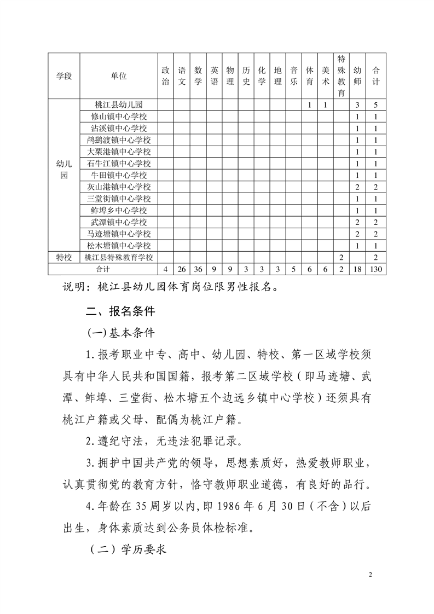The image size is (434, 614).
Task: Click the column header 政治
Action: [x=165, y=76]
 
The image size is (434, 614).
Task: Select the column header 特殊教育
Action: [x=341, y=76]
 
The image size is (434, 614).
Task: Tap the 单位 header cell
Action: [x=118, y=76]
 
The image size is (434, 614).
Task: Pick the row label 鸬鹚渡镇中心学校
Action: [x=118, y=140]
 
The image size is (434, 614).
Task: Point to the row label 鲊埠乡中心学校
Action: [x=118, y=211]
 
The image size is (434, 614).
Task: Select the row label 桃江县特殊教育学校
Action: [x=118, y=257]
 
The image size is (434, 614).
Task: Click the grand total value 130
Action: [x=375, y=269]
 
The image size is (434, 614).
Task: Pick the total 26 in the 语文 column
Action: [x=182, y=269]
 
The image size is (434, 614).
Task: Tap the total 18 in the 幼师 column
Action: [x=357, y=269]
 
